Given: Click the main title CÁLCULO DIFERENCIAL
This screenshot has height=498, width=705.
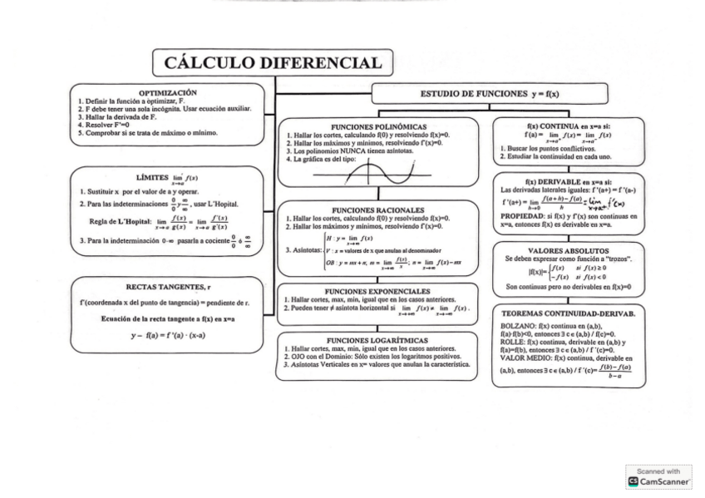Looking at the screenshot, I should click(274, 62).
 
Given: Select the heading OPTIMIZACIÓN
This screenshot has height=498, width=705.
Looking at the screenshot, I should click(168, 92).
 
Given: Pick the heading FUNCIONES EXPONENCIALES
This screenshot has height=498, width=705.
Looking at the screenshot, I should click(377, 291).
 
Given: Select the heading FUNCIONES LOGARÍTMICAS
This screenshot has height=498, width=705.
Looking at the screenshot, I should click(377, 340).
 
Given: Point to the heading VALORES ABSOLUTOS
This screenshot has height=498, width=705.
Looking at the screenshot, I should click(568, 250).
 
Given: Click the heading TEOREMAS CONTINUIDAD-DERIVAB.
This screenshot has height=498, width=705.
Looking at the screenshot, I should click(569, 313).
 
